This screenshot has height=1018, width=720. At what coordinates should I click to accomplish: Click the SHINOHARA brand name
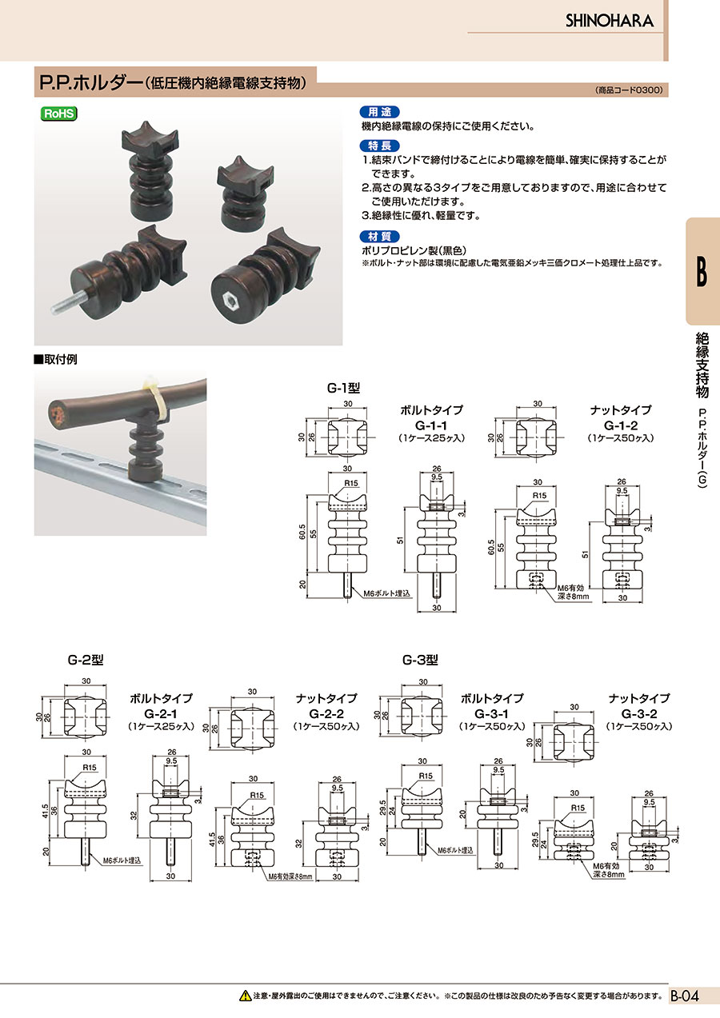pyautogui.click(x=609, y=21)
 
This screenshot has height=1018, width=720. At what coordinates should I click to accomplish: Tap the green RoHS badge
pyautogui.click(x=58, y=114)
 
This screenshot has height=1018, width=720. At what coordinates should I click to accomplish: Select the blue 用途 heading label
pyautogui.click(x=379, y=112)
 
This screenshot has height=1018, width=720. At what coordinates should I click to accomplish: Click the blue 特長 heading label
pyautogui.click(x=379, y=146)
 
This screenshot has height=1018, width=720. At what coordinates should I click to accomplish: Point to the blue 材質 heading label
pyautogui.click(x=379, y=237)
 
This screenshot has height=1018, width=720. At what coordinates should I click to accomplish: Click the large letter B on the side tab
pyautogui.click(x=702, y=271)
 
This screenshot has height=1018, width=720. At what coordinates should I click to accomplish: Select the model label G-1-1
pyautogui.click(x=431, y=425)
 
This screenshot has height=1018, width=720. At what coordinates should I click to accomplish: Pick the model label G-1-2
pyautogui.click(x=621, y=425)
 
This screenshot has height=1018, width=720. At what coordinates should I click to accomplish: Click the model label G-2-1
pyautogui.click(x=161, y=713)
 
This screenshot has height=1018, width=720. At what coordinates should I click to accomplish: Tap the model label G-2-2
pyautogui.click(x=326, y=713)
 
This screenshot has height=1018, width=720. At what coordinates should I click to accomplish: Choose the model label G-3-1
pyautogui.click(x=491, y=713)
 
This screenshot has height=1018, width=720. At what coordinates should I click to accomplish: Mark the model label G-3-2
pyautogui.click(x=639, y=713)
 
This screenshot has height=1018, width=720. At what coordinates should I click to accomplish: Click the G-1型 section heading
pyautogui.click(x=344, y=388)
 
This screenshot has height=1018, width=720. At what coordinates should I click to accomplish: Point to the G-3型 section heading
pyautogui.click(x=420, y=660)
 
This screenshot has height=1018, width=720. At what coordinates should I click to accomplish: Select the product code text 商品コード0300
pyautogui.click(x=629, y=90)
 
